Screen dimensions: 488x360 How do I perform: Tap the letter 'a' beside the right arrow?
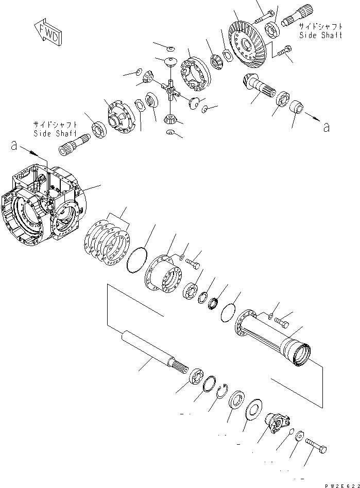[x=325, y=127]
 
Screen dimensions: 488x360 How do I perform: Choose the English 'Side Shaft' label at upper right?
[x=320, y=35]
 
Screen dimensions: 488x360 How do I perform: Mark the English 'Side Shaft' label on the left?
[x=55, y=134]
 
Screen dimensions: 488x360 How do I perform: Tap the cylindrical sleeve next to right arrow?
[x=297, y=109]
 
